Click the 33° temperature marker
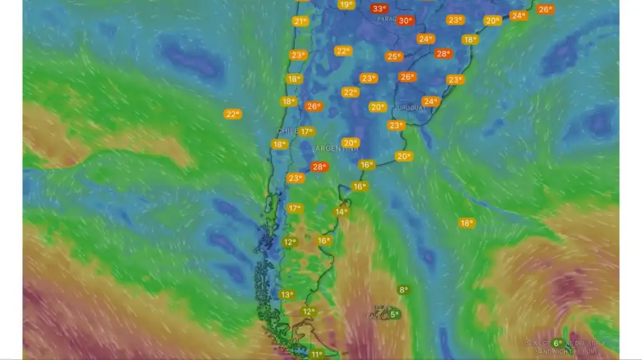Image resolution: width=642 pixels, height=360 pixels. click(x=379, y=9)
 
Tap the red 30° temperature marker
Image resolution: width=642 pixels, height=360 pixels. click(x=405, y=21)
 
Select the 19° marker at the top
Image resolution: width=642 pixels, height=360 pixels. click(x=346, y=5)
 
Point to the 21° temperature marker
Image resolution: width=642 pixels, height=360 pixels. click(x=300, y=21)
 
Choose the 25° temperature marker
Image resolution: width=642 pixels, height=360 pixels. click(x=394, y=56)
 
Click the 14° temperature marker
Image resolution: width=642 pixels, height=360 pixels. click(x=342, y=212)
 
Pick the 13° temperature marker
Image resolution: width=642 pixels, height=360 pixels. click(x=287, y=294)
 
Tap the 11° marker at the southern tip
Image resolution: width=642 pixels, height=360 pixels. click(x=317, y=354)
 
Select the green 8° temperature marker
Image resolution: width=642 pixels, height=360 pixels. click(x=404, y=289)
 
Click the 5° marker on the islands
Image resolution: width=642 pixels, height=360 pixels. click(x=394, y=314)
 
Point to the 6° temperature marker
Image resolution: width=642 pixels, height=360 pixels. click(x=558, y=343)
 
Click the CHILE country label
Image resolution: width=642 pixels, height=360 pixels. click(x=287, y=132)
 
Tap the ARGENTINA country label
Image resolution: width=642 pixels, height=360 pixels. click(x=337, y=149)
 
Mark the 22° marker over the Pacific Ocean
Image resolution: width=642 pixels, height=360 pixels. click(x=233, y=114)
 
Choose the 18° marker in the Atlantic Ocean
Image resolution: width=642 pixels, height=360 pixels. click(x=467, y=223)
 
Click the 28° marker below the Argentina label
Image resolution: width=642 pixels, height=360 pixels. click(x=319, y=167)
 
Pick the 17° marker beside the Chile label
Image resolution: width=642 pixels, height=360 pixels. click(x=307, y=131)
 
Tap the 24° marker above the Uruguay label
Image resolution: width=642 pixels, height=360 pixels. click(x=431, y=101)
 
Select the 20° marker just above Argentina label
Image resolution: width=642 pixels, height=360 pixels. click(x=350, y=143)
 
